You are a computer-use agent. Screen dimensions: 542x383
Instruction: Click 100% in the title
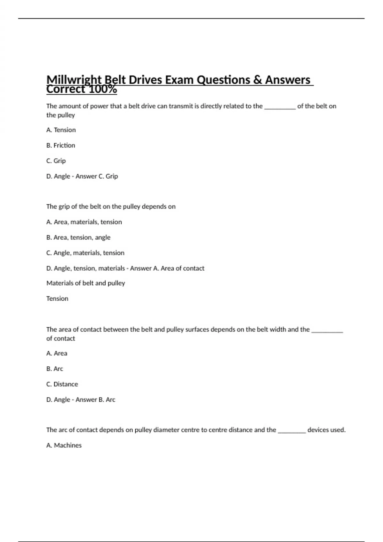(x=103, y=89)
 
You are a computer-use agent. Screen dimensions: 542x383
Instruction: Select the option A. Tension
(x=61, y=130)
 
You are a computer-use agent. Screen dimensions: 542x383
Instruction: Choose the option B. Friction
(x=61, y=145)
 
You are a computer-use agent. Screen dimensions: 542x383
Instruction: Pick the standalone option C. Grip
(x=56, y=161)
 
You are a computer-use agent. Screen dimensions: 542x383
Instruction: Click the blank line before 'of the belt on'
(x=280, y=107)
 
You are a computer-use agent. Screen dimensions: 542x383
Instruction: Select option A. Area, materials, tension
(x=84, y=222)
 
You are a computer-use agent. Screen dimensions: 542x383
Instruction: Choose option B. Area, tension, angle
(x=78, y=238)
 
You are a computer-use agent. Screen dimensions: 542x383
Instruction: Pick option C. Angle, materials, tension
(x=85, y=253)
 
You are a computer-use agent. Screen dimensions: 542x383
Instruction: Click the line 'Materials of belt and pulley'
(x=86, y=283)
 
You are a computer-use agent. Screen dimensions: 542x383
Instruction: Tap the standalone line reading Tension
(x=57, y=299)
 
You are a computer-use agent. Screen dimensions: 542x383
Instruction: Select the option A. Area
(x=57, y=353)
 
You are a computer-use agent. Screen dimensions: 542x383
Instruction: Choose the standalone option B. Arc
(x=55, y=369)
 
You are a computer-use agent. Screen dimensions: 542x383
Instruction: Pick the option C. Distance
(x=62, y=384)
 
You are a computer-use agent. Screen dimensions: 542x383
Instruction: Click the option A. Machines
(x=64, y=445)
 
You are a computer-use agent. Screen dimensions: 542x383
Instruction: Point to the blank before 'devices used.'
(x=292, y=431)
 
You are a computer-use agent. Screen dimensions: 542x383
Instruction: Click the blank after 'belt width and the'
(x=327, y=331)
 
